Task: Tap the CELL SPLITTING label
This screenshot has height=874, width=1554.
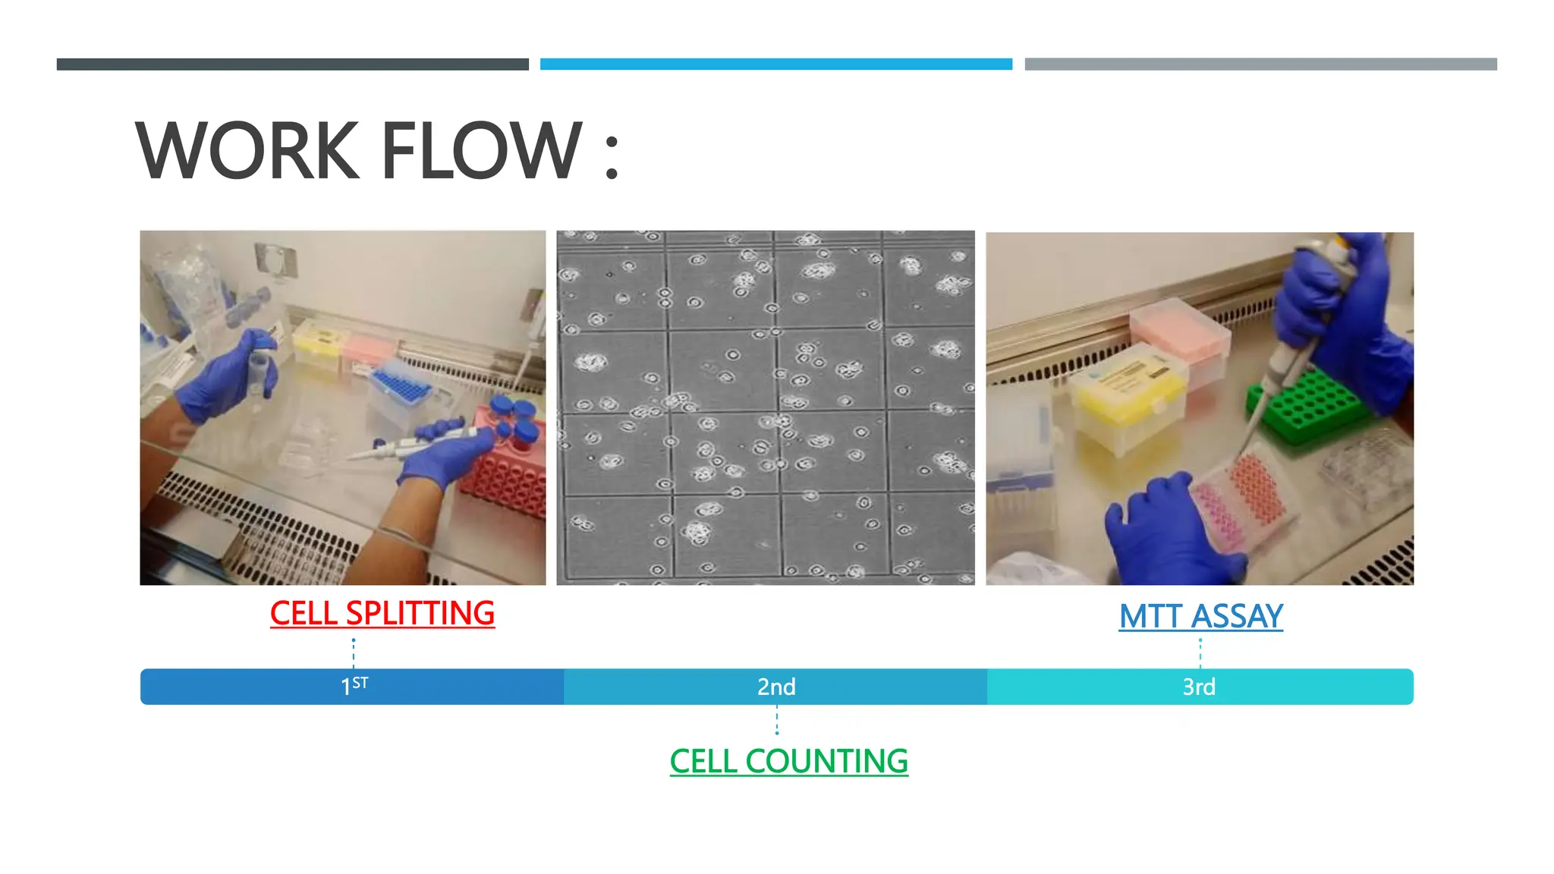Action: coord(382,613)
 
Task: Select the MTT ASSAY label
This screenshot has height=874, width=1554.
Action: coord(1200,616)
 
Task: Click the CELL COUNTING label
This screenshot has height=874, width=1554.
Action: coord(788,761)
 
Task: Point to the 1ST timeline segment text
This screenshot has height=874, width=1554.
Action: coord(354,687)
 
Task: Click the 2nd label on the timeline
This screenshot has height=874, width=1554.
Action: coord(776,687)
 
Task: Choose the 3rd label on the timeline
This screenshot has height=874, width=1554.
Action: coord(1199,687)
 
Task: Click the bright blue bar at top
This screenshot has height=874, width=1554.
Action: coord(775,64)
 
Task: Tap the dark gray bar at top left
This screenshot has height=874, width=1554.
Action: coord(292,64)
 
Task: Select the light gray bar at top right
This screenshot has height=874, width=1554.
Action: coord(1260,64)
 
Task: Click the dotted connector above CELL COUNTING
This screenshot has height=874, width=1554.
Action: coord(776,720)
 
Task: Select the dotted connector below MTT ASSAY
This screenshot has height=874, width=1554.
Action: coord(1200,652)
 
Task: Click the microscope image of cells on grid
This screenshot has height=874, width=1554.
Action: coord(765,407)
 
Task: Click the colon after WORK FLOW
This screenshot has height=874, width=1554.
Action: coord(612,156)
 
